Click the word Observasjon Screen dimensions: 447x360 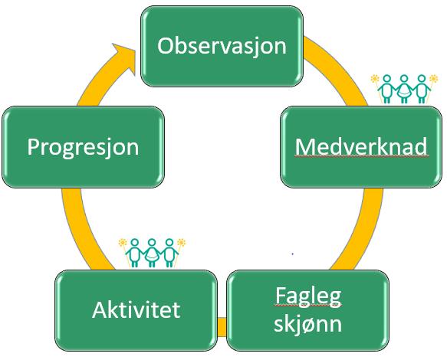[222, 47]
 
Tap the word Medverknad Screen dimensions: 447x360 [361, 146]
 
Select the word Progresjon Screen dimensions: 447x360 [83, 147]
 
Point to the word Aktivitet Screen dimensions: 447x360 [136, 309]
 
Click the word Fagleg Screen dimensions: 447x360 [308, 296]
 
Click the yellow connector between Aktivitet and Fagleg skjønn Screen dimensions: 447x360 [222, 327]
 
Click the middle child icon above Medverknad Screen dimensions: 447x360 [404, 89]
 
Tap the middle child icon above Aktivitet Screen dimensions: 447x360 [152, 253]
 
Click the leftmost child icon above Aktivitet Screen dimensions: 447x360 [134, 253]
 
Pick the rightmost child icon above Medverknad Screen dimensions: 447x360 [422, 89]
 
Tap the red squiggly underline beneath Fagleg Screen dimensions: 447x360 [308, 306]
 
